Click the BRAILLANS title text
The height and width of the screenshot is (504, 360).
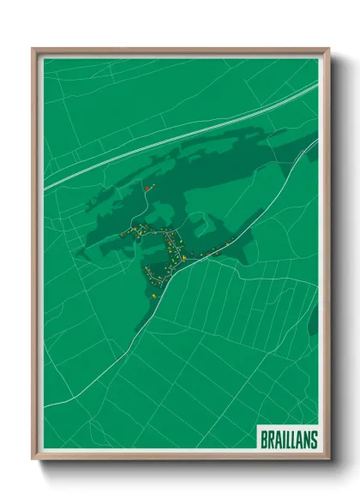pyautogui.click(x=288, y=440)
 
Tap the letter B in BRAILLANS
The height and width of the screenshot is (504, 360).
pyautogui.click(x=264, y=440)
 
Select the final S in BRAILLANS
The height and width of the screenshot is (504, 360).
pyautogui.click(x=314, y=440)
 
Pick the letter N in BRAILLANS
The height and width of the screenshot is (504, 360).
pyautogui.click(x=307, y=440)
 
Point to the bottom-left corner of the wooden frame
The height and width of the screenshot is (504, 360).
pyautogui.click(x=33, y=458)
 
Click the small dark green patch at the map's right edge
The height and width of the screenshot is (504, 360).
pyautogui.click(x=313, y=321)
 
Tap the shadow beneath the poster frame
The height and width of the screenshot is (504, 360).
pyautogui.click(x=180, y=467)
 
